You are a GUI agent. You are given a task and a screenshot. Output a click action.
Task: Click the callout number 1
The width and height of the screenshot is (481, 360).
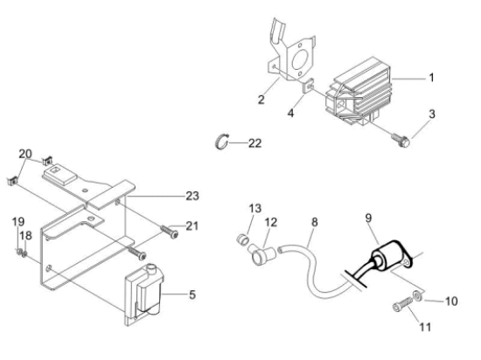[431, 78]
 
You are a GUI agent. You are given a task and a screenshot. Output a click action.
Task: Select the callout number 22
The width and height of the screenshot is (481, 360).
[254, 143]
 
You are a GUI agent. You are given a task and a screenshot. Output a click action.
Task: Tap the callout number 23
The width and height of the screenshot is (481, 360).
[192, 196]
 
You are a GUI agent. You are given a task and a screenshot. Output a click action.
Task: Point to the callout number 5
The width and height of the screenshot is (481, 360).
[192, 294]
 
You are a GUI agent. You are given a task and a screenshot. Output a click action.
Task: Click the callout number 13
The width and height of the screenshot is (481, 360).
[254, 208]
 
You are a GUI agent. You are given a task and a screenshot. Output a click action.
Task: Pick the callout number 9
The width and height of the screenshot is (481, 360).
[368, 218]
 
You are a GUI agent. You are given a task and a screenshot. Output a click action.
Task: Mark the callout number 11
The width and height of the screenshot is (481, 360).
[425, 327]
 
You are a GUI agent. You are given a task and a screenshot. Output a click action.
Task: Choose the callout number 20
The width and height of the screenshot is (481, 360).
[25, 154]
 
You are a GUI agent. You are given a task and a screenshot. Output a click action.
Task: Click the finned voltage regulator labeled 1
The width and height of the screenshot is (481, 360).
[359, 91]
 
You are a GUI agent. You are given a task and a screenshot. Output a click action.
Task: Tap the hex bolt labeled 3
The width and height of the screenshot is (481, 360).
[401, 140]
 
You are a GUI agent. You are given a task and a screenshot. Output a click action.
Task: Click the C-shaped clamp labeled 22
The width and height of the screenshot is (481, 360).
[221, 141]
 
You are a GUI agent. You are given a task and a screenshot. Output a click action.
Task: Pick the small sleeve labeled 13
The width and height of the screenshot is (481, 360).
[242, 239]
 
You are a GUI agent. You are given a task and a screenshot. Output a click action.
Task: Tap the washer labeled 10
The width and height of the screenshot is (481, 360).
[417, 295]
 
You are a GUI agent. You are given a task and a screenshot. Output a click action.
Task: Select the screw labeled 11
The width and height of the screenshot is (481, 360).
[402, 304]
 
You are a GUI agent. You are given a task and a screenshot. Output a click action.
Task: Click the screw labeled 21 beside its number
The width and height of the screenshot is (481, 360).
[170, 232]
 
